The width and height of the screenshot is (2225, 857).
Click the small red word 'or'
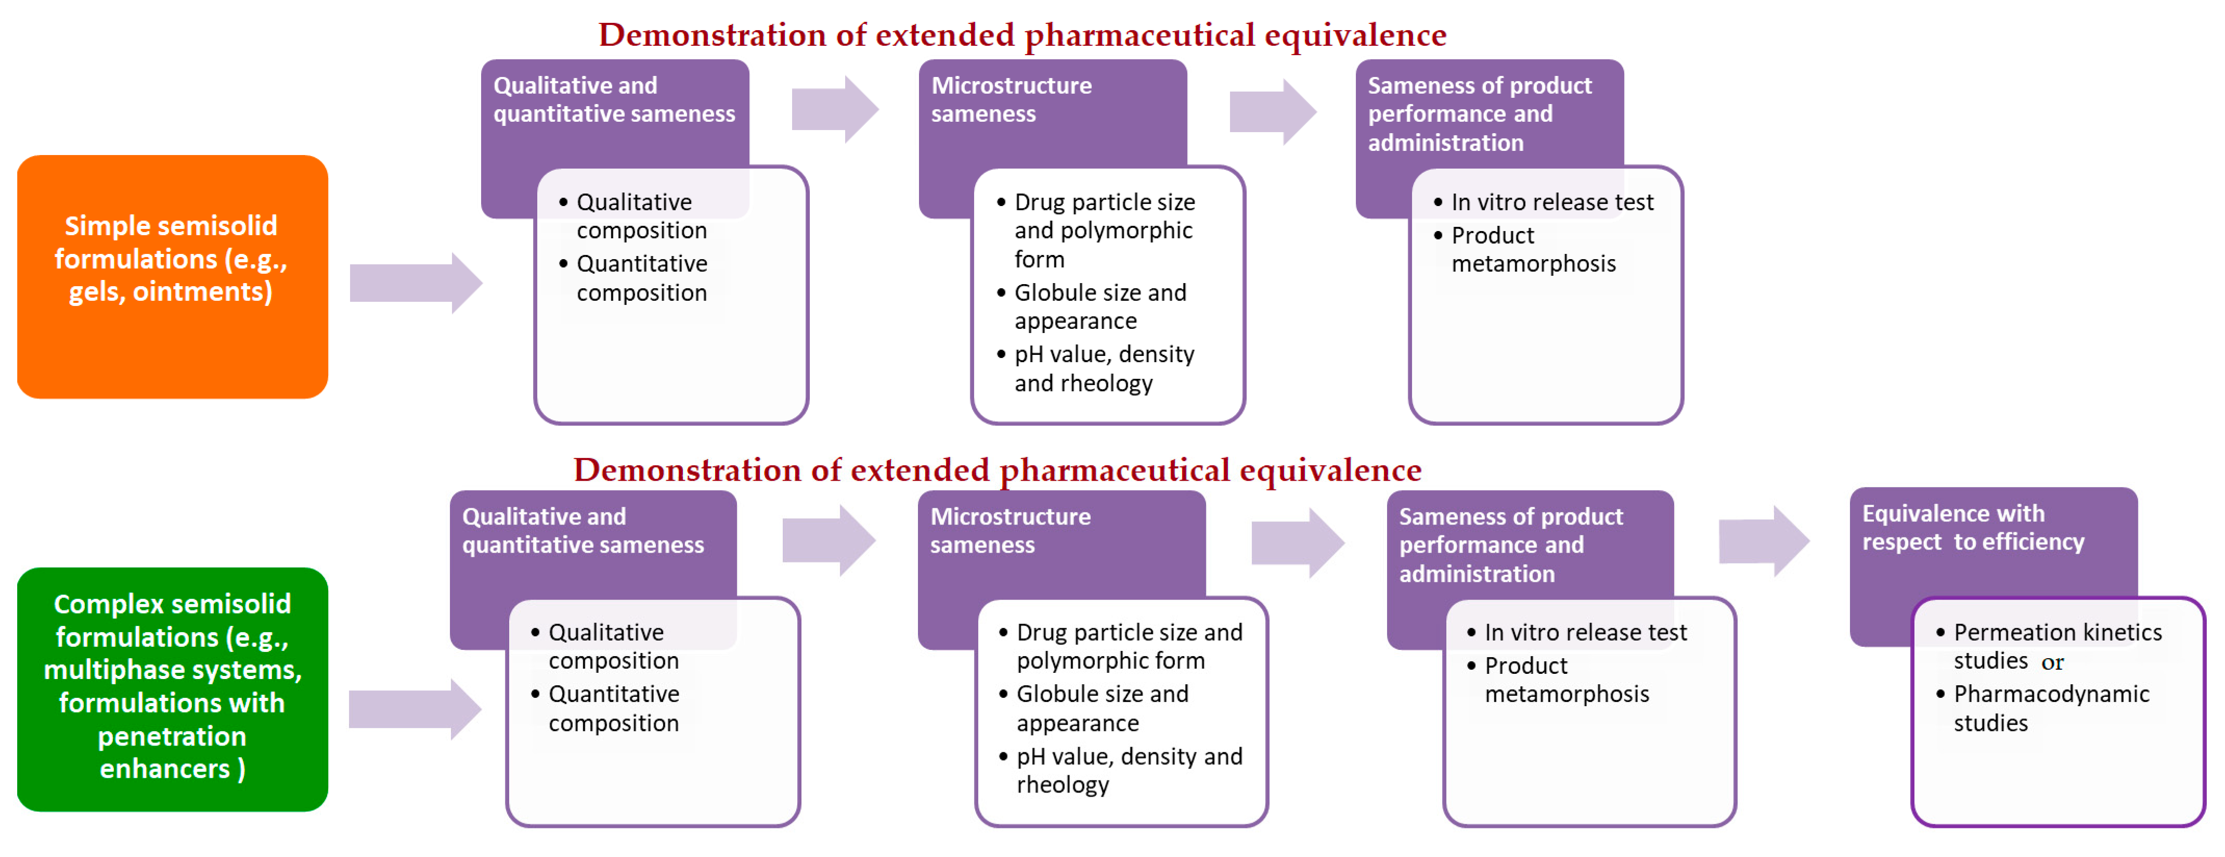point(2052,662)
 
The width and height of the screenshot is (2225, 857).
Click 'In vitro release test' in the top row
point(1551,202)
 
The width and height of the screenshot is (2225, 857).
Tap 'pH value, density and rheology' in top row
point(1103,368)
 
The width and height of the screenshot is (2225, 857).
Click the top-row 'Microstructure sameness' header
point(1011,99)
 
